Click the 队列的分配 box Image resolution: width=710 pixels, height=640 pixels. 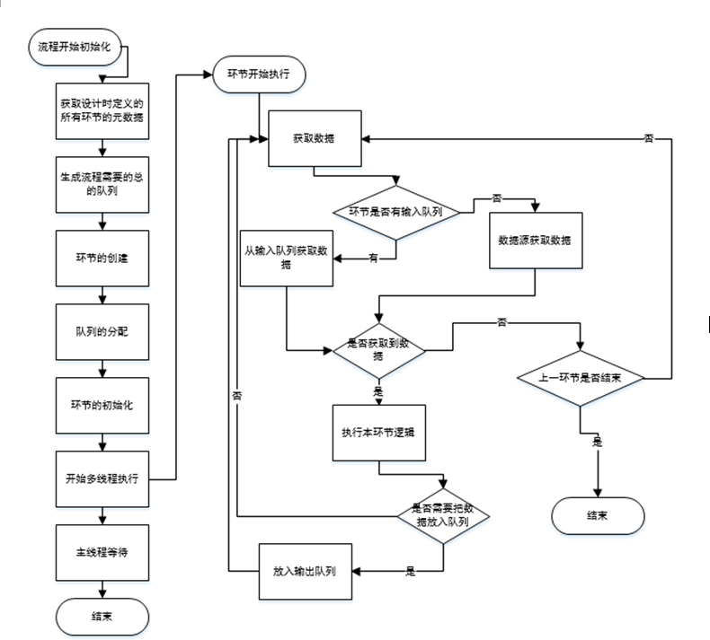(x=102, y=331)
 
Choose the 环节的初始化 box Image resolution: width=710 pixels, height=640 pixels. (x=102, y=405)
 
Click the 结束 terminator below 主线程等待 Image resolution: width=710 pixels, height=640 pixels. (x=102, y=618)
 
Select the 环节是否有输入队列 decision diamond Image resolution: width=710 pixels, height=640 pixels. (x=396, y=213)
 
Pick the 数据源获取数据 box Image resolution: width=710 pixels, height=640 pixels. (x=536, y=241)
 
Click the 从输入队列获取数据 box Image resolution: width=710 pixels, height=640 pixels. (x=286, y=259)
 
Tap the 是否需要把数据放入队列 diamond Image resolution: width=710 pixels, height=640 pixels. (x=444, y=514)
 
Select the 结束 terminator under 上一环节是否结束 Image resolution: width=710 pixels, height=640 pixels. (x=597, y=517)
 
